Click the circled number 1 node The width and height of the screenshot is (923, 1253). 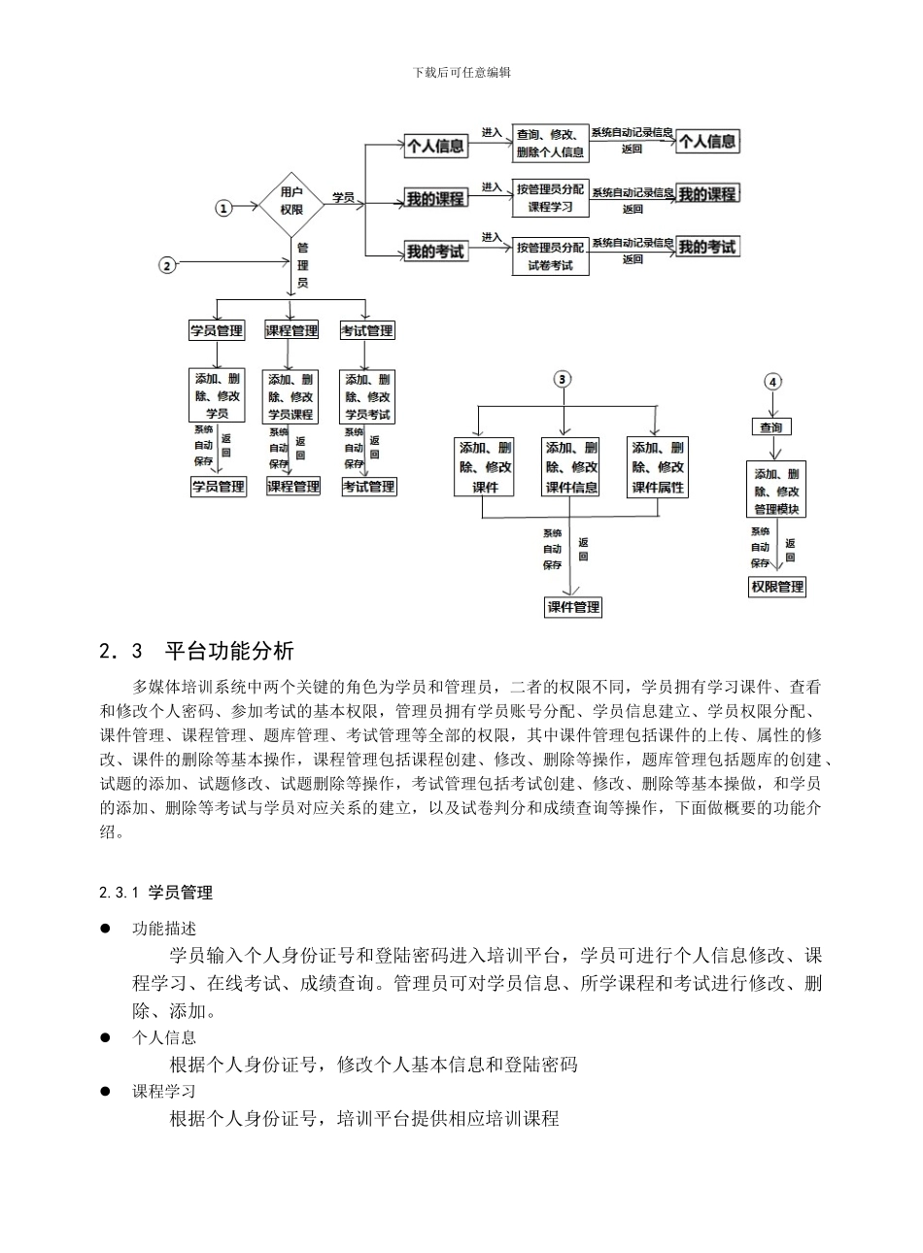click(224, 209)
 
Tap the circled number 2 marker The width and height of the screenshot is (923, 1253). click(168, 264)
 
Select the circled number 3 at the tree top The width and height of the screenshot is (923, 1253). click(562, 380)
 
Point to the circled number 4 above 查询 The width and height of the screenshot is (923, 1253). click(772, 382)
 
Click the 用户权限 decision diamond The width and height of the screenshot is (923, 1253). click(291, 201)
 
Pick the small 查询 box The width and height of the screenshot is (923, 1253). click(771, 426)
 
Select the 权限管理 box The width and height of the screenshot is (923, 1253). click(777, 587)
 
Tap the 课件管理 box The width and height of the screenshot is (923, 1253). click(573, 607)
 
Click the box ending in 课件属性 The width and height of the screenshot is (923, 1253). click(658, 467)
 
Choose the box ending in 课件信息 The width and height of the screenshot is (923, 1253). click(571, 467)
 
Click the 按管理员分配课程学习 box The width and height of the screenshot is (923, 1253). click(550, 198)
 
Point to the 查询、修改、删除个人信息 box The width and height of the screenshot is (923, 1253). click(550, 144)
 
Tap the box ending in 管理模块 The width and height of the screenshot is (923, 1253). click(776, 491)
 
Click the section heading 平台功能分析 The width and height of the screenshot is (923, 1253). click(229, 650)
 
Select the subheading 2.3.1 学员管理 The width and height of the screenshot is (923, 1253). click(155, 892)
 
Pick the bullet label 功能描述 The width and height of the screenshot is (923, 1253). click(164, 930)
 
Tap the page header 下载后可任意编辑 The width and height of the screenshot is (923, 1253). click(461, 72)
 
